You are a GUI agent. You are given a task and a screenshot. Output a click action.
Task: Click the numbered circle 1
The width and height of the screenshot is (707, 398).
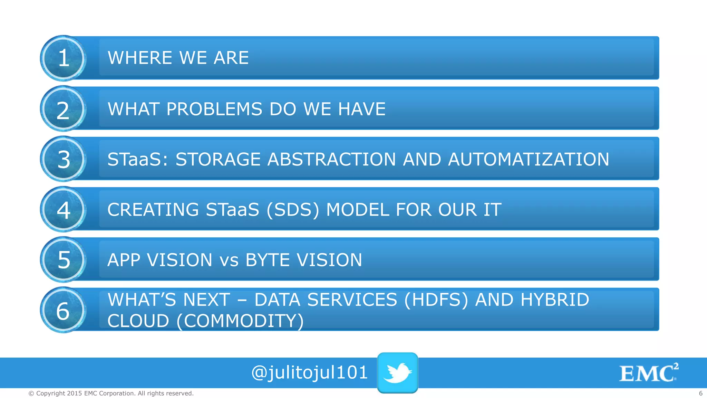pos(64,58)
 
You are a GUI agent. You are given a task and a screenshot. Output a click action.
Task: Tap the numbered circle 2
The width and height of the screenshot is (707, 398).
pos(64,109)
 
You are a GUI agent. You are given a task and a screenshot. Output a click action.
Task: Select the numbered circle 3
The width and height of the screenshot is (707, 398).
pos(64,159)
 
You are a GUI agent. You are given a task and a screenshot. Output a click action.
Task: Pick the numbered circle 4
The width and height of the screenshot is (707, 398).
pos(64,209)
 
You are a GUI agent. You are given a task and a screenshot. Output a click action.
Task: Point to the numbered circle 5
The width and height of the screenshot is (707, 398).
pos(64,259)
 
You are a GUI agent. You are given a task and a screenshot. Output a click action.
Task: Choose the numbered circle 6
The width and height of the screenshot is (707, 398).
pos(64,310)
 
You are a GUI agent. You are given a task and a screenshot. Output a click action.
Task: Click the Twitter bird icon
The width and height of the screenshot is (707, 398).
pos(398,373)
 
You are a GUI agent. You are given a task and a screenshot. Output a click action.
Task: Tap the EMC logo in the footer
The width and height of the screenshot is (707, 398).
pos(648,373)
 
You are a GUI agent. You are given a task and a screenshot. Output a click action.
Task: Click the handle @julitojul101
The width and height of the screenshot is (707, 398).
pos(309,373)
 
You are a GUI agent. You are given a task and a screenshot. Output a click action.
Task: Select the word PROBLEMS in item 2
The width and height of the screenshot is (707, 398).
pos(214,109)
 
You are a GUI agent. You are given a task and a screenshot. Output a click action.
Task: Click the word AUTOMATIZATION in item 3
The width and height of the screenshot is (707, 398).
pos(528,159)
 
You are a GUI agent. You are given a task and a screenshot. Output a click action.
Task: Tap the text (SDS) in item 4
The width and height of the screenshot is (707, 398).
pos(293,210)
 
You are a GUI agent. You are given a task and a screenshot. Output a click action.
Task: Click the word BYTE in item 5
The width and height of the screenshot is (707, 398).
pos(267,260)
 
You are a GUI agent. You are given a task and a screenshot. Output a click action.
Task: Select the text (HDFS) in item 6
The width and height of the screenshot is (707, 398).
pos(436,300)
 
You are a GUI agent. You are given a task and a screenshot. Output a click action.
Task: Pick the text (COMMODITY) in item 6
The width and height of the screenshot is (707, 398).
pos(240,321)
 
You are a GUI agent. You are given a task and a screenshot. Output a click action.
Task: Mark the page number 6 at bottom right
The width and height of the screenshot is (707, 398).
pos(700,393)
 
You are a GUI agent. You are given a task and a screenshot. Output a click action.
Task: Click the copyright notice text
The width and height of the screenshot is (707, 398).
pos(111,393)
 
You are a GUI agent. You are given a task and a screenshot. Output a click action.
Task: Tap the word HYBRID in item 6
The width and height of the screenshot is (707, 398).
pos(555,300)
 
